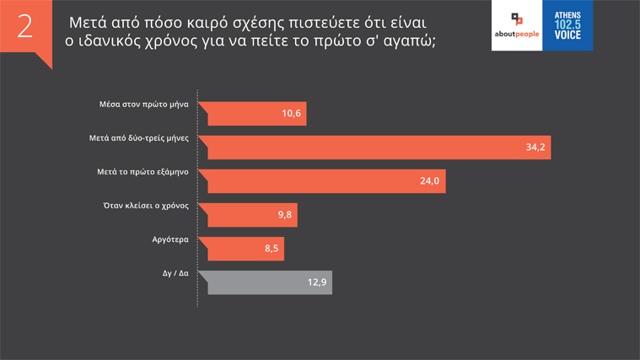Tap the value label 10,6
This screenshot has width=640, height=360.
pos(292,114)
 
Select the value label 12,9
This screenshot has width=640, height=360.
pos(317,282)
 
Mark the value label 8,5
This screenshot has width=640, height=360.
pos(271,249)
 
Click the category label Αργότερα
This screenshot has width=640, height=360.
pos(168,239)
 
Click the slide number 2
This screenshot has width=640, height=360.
pos(24,27)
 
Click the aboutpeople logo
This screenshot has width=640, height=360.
pos(516,25)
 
